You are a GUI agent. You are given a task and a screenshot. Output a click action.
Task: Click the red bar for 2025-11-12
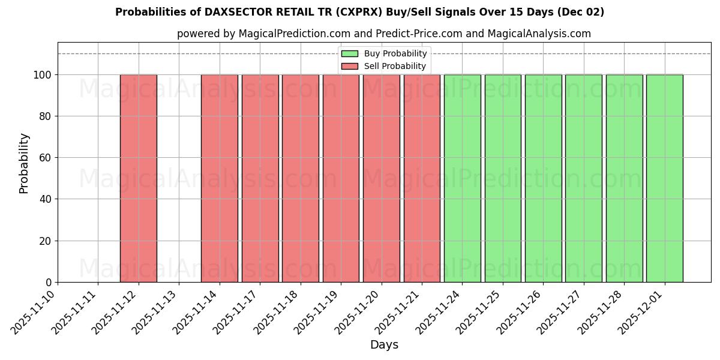click(x=139, y=178)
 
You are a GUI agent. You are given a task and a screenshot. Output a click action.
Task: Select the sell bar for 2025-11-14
click(x=220, y=178)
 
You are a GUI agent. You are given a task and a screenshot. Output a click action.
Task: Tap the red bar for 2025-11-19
click(x=341, y=178)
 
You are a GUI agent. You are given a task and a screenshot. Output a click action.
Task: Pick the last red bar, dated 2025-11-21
click(x=422, y=178)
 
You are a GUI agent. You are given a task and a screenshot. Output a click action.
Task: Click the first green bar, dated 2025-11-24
click(x=462, y=178)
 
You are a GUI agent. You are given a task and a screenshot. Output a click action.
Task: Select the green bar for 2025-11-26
click(x=543, y=178)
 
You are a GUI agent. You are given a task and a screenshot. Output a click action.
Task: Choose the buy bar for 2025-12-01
click(x=664, y=178)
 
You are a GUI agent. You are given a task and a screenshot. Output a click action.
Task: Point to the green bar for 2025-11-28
click(x=624, y=178)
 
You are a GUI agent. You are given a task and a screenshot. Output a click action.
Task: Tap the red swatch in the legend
click(x=350, y=66)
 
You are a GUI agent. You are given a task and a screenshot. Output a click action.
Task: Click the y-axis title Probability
click(x=24, y=163)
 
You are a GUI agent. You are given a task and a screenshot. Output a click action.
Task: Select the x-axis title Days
click(x=384, y=345)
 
